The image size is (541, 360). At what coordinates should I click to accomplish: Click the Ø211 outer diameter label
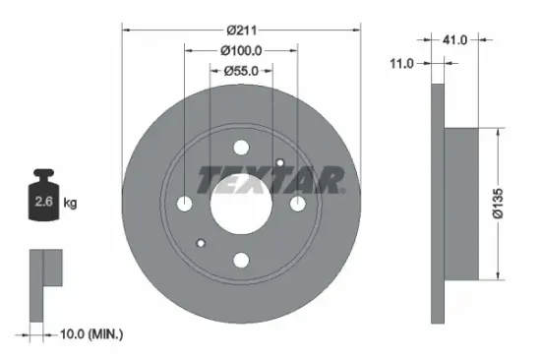pyautogui.click(x=241, y=30)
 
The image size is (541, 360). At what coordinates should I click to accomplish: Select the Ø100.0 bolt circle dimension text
pyautogui.click(x=241, y=49)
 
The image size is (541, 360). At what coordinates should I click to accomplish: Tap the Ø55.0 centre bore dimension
pyautogui.click(x=241, y=70)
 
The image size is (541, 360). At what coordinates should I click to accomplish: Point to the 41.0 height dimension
pyautogui.click(x=454, y=41)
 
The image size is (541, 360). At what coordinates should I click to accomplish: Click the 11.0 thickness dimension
pyautogui.click(x=402, y=64)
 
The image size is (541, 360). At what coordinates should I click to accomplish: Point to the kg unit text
pyautogui.click(x=72, y=204)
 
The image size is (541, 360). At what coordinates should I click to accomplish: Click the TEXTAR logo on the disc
pyautogui.click(x=270, y=180)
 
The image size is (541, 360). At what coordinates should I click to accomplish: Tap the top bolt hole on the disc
pyautogui.click(x=241, y=147)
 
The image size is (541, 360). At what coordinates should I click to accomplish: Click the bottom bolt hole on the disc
pyautogui.click(x=241, y=261)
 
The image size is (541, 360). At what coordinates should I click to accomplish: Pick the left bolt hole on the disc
pyautogui.click(x=185, y=204)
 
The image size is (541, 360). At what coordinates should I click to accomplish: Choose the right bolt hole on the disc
pyautogui.click(x=297, y=204)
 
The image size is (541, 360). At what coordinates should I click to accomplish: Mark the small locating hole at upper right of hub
pyautogui.click(x=280, y=163)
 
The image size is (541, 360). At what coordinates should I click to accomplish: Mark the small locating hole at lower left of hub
pyautogui.click(x=202, y=243)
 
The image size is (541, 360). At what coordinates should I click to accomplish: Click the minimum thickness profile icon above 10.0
pyautogui.click(x=45, y=280)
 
